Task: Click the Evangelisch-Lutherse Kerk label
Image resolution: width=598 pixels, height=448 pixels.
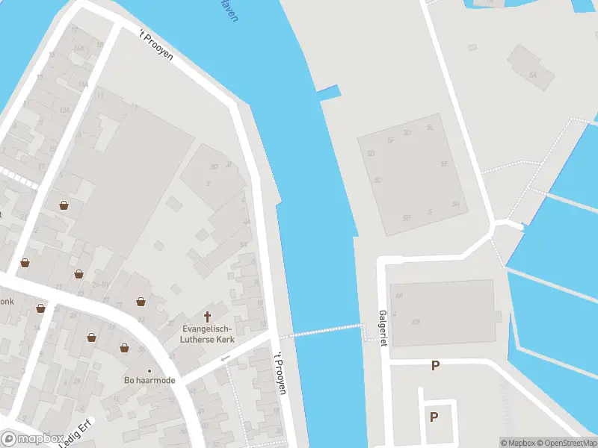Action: [207, 333]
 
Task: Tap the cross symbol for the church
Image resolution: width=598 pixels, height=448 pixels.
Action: [207, 316]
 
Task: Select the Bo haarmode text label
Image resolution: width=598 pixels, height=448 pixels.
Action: [149, 380]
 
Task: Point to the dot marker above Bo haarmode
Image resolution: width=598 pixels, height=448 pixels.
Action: [149, 370]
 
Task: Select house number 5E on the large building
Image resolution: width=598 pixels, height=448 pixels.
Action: [444, 164]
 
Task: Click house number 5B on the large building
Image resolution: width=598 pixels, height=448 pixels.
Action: [407, 218]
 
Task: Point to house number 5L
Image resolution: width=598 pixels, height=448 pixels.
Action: [430, 128]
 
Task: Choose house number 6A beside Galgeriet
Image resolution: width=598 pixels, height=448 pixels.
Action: [399, 296]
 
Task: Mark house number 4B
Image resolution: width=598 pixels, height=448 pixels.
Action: [416, 323]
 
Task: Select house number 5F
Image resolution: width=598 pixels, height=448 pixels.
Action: [390, 140]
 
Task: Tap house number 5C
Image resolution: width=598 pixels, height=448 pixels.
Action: [378, 180]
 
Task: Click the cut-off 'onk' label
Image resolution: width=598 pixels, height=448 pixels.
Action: [7, 302]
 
